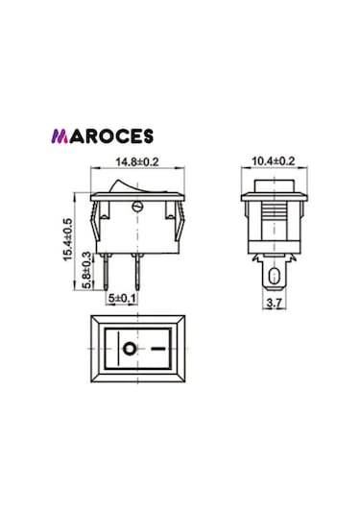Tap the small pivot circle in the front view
coord(135,203)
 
